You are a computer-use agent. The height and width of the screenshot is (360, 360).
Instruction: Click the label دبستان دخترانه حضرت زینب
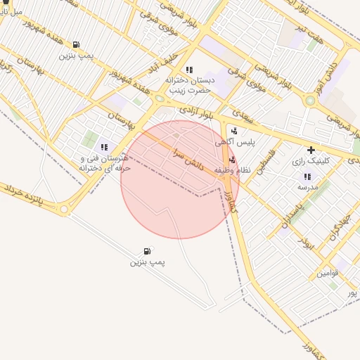pyautogui.click(x=188, y=86)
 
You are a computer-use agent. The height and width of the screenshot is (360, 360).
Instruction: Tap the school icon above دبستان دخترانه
pyautogui.click(x=188, y=70)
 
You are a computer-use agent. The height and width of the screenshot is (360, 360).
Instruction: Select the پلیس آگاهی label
pyautogui.click(x=236, y=142)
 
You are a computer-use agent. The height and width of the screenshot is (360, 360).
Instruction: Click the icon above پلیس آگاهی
pyautogui.click(x=234, y=130)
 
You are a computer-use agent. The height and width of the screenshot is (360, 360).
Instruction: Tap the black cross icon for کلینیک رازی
pyautogui.click(x=311, y=150)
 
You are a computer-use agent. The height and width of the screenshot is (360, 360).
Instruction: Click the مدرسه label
pyautogui.click(x=307, y=187)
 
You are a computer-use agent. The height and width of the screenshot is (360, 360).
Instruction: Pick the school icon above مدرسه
pyautogui.click(x=307, y=176)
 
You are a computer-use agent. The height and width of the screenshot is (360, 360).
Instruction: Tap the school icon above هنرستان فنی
pyautogui.click(x=104, y=148)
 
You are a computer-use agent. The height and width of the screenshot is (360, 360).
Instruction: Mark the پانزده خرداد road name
pyautogui.click(x=31, y=196)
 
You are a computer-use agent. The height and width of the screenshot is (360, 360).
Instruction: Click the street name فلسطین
pyautogui.click(x=271, y=162)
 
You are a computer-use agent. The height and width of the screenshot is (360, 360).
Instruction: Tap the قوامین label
pyautogui.click(x=328, y=273)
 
